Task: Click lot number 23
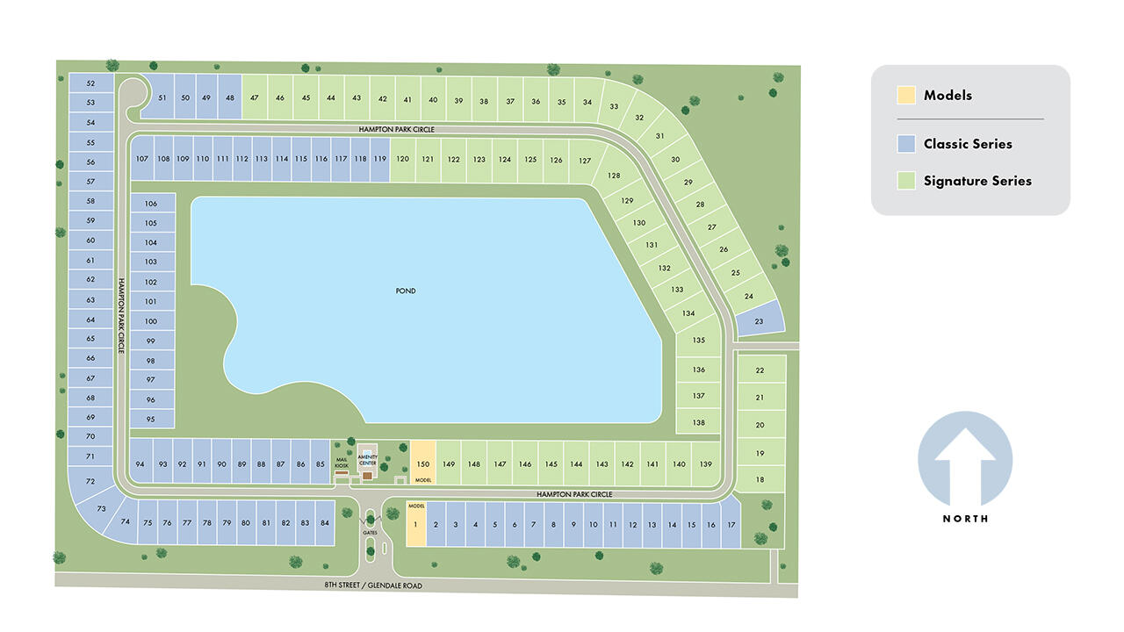pyautogui.click(x=759, y=321)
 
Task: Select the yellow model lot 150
pyautogui.click(x=422, y=463)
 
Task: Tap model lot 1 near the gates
pyautogui.click(x=415, y=525)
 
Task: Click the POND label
pyautogui.click(x=405, y=291)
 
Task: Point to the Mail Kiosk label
pyautogui.click(x=342, y=463)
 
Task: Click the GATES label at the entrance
pyautogui.click(x=370, y=533)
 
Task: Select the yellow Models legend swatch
pyautogui.click(x=906, y=95)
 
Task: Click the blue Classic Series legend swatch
pyautogui.click(x=906, y=144)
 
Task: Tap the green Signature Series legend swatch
pyautogui.click(x=906, y=181)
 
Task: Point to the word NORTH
pyautogui.click(x=965, y=519)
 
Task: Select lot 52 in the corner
pyautogui.click(x=90, y=83)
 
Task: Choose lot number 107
pyautogui.click(x=140, y=159)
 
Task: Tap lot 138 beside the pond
pyautogui.click(x=698, y=422)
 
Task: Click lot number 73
pyautogui.click(x=101, y=508)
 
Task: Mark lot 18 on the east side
pyautogui.click(x=760, y=479)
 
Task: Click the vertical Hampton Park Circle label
pyautogui.click(x=122, y=320)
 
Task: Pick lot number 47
pyautogui.click(x=254, y=98)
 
